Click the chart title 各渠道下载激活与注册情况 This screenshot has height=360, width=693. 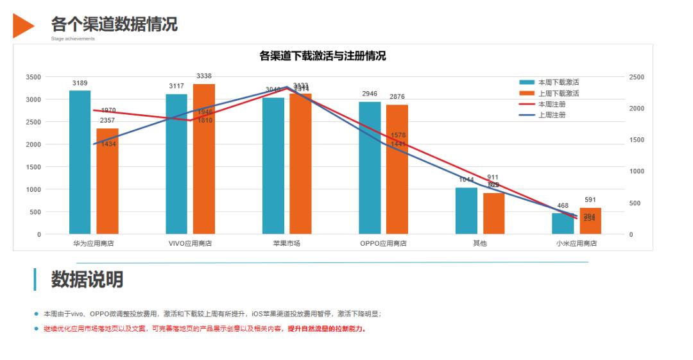pyautogui.click(x=322, y=56)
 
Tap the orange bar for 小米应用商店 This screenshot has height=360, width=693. pyautogui.click(x=590, y=221)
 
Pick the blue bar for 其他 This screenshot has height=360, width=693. pyautogui.click(x=466, y=211)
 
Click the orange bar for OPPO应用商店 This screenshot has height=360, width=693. pyautogui.click(x=397, y=169)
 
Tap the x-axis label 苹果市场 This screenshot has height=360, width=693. pyautogui.click(x=286, y=244)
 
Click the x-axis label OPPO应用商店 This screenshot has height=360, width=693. pyautogui.click(x=383, y=244)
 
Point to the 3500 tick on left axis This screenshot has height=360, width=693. pyautogui.click(x=33, y=77)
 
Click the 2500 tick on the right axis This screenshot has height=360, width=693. pyautogui.click(x=637, y=77)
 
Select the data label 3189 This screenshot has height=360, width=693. pyautogui.click(x=80, y=83)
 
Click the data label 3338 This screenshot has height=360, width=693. pyautogui.click(x=204, y=76)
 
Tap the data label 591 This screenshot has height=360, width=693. pyautogui.click(x=590, y=200)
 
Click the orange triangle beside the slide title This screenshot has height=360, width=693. pyautogui.click(x=22, y=25)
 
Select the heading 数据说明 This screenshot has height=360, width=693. pyautogui.click(x=87, y=280)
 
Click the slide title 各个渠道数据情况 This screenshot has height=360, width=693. pyautogui.click(x=114, y=24)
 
